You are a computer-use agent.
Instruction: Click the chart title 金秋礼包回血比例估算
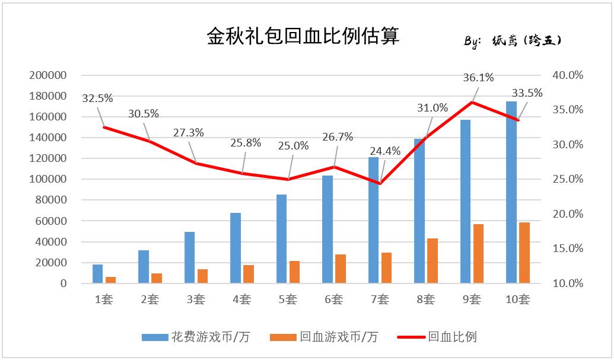coord(303,36)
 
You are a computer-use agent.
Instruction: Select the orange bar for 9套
coord(479,253)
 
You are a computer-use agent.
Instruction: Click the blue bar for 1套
coord(97,273)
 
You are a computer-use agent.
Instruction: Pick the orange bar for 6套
coord(341,268)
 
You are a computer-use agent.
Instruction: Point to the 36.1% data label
coord(479,78)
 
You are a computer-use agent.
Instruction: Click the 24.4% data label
coord(386,151)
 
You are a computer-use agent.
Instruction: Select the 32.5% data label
coord(97,98)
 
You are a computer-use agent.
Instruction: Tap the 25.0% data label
coord(294,145)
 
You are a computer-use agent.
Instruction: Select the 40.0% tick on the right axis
coord(568,75)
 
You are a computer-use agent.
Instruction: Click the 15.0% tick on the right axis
coord(568,249)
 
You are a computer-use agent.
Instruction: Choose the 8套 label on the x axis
coord(425,300)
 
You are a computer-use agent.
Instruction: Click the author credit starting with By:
coord(512,41)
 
